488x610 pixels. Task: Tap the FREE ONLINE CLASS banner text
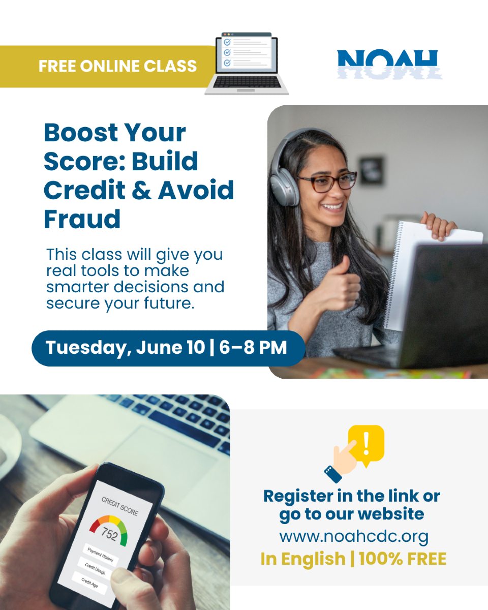point(117,66)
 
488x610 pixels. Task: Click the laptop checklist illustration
point(247,63)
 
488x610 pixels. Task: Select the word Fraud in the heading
point(82,219)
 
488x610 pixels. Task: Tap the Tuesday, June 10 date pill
point(168,348)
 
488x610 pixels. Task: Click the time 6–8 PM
point(253,347)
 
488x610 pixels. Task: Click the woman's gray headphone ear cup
point(284,185)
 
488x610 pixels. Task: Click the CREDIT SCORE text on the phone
point(120,506)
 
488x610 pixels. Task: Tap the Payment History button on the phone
point(100,555)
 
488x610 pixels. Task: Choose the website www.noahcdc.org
point(354,536)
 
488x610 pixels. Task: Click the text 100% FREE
point(403,559)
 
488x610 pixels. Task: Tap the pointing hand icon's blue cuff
point(333,474)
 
